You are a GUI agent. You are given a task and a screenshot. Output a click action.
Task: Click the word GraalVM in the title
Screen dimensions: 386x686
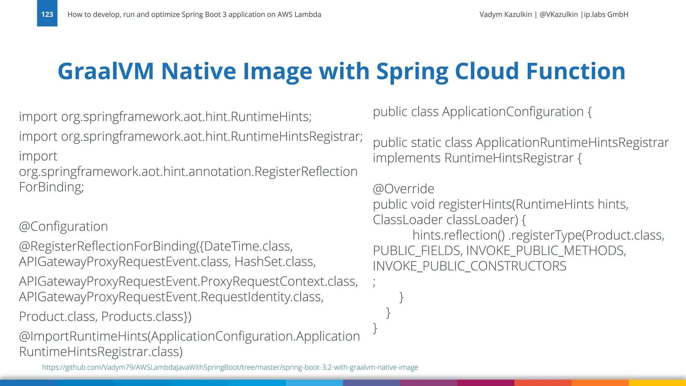point(106,71)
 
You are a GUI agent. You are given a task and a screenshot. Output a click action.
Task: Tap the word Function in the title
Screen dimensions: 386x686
point(575,71)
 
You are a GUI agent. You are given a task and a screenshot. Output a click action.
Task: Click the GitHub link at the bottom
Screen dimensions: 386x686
point(230,367)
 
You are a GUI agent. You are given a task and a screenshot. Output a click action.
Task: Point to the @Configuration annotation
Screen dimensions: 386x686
point(63,227)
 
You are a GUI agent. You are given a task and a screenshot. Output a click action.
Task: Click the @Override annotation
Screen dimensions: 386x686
point(403,189)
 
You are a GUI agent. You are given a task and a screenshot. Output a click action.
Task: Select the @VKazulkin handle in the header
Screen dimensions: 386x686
point(558,14)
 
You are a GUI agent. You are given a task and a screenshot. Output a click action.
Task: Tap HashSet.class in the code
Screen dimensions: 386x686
point(275,262)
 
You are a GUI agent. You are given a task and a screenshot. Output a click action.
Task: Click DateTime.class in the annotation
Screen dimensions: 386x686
point(248,246)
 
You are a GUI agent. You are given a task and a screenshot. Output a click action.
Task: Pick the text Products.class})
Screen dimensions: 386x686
point(146,317)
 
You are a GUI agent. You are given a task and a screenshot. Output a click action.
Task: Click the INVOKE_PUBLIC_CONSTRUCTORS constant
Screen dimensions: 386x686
point(469,266)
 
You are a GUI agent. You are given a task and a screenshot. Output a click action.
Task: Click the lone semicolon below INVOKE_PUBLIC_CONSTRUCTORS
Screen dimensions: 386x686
point(374,282)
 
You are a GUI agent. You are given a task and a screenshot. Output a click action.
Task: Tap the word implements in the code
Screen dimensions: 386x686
point(406,158)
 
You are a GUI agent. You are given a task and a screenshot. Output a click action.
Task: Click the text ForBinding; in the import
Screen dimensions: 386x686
point(51,187)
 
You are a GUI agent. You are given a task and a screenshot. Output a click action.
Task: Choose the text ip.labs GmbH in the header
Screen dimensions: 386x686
point(606,14)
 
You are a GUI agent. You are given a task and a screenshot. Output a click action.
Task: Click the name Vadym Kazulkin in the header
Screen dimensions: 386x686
point(505,14)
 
